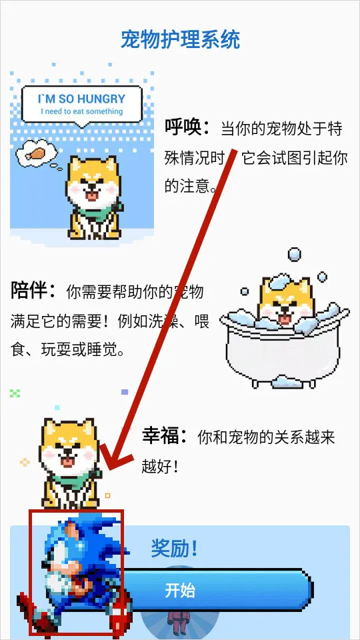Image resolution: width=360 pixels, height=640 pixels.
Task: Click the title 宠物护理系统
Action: click(180, 39)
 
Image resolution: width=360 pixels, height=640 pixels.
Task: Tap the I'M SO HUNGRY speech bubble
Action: click(82, 104)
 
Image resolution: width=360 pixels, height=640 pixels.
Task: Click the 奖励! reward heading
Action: click(175, 549)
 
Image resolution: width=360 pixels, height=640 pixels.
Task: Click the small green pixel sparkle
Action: click(15, 393)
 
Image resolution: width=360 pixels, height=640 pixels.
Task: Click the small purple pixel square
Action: click(125, 392)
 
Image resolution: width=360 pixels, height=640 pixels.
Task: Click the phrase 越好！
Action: click(160, 466)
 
